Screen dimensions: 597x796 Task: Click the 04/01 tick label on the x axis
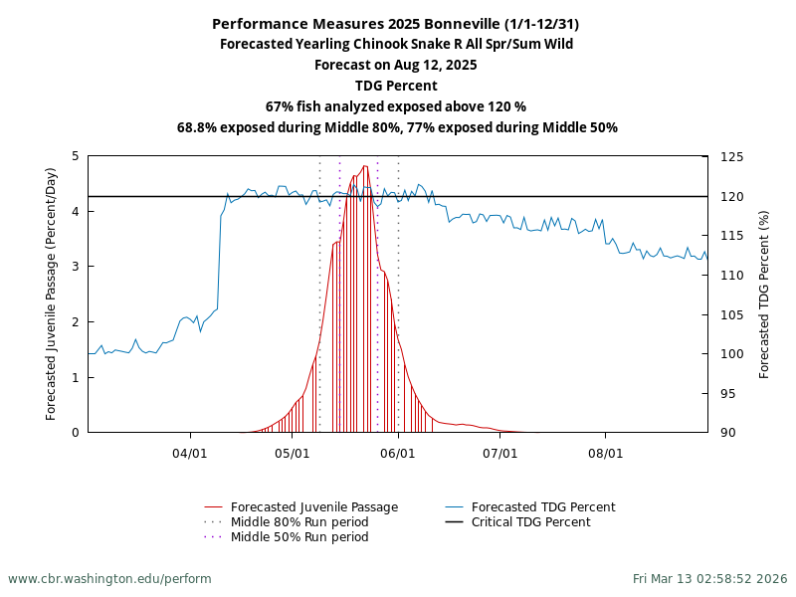coord(190,454)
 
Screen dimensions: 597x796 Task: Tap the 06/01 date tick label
coord(398,454)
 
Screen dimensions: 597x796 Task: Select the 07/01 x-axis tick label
coord(500,454)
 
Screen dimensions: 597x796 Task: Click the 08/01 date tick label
coord(605,454)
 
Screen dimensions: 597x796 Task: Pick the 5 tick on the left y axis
coord(76,156)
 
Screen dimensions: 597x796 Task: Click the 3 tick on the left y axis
coord(76,267)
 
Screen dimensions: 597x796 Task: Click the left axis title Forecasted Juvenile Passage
coord(52,294)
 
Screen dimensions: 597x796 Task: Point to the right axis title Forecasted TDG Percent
coord(764,294)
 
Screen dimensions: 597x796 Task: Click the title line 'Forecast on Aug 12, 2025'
coord(396,66)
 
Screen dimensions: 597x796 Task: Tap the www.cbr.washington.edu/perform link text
coord(109,579)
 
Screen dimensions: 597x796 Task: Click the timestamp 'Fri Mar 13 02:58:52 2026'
coord(709,579)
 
